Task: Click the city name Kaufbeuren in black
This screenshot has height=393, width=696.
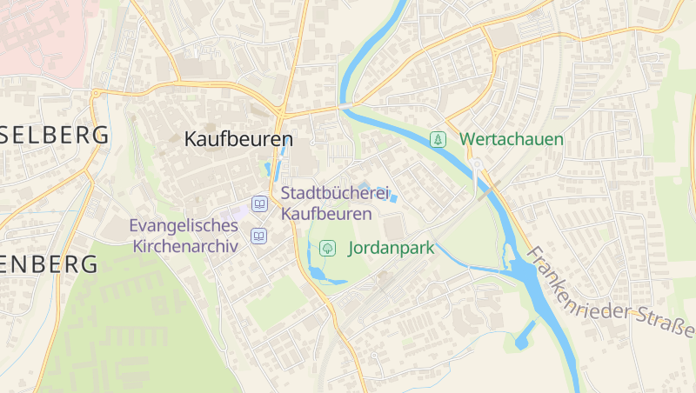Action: tap(238, 139)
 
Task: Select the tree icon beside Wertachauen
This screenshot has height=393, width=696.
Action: tap(438, 139)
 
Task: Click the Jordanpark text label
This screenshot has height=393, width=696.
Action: tap(391, 248)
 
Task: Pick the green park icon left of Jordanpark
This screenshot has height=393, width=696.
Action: tap(327, 248)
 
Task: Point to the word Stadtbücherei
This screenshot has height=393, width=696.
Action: tap(335, 194)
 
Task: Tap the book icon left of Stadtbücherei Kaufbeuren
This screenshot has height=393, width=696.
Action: tap(258, 203)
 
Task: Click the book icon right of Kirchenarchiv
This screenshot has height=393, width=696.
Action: tap(258, 236)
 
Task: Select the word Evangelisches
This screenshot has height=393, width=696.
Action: tap(184, 226)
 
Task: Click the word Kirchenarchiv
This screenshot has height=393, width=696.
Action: tap(185, 245)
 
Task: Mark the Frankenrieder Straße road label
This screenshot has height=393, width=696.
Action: tap(609, 292)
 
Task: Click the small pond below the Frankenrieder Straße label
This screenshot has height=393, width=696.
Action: tap(525, 336)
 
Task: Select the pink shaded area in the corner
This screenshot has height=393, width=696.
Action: tap(39, 35)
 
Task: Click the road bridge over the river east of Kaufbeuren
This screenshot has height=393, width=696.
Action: tap(346, 106)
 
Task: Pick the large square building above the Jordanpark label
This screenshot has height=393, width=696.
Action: tap(394, 229)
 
